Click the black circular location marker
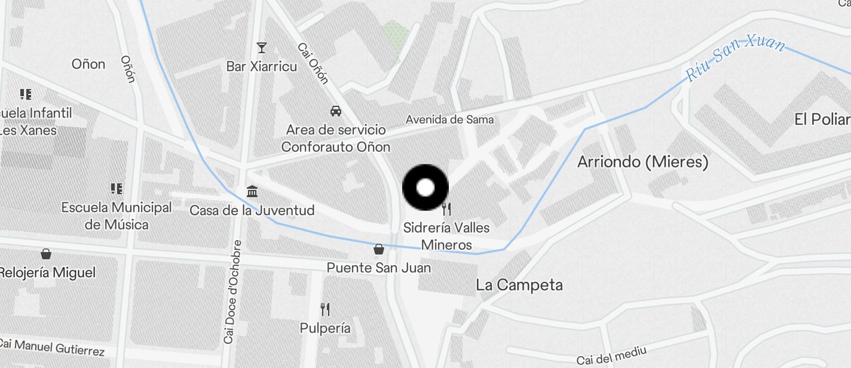[425, 188]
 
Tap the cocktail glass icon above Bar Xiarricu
[261, 47]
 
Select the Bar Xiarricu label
[261, 66]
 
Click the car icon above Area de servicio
[336, 111]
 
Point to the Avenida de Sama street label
[449, 119]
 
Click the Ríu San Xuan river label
[735, 58]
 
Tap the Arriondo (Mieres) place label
[642, 162]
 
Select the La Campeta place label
[519, 285]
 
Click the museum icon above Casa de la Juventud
[252, 192]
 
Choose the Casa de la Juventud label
[252, 211]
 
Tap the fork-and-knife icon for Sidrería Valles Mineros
[446, 208]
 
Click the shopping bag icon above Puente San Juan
[378, 249]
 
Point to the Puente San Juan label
[378, 268]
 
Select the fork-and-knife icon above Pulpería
[325, 309]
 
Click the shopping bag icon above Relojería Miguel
[46, 254]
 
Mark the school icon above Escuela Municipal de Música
[117, 189]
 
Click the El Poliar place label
[822, 119]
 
